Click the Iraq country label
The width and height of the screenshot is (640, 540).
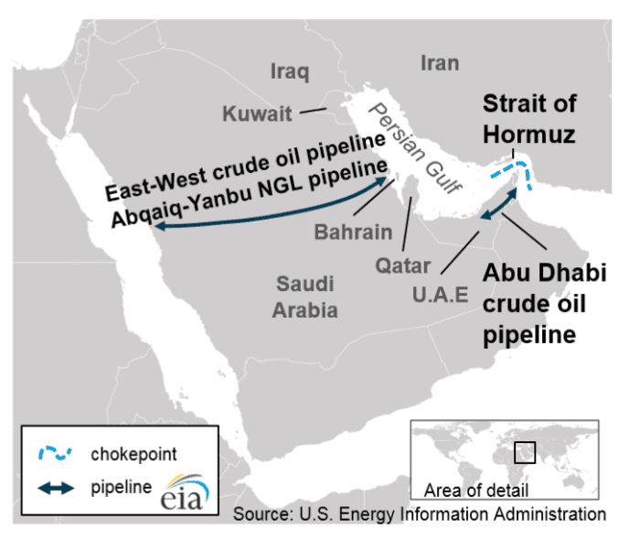290,71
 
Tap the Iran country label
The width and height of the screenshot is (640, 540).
439,62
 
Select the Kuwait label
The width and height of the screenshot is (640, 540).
258,114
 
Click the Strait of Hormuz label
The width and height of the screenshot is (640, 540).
529,119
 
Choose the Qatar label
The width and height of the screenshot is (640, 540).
402,265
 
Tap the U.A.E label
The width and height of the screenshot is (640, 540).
440,294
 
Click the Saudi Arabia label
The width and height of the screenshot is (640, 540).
304,297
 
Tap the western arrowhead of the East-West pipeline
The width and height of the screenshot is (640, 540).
161,230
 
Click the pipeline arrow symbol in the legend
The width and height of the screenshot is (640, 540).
55,488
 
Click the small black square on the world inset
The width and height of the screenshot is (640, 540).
523,452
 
